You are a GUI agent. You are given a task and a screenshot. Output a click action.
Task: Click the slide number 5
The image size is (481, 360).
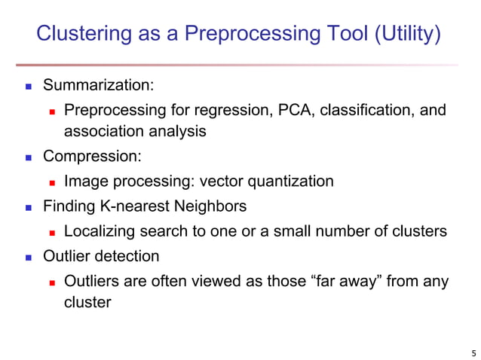tap(473, 351)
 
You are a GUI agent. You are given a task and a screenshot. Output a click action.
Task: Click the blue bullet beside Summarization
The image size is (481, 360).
tap(27, 87)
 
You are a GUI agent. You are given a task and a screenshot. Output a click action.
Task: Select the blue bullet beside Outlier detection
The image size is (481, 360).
tap(27, 256)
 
